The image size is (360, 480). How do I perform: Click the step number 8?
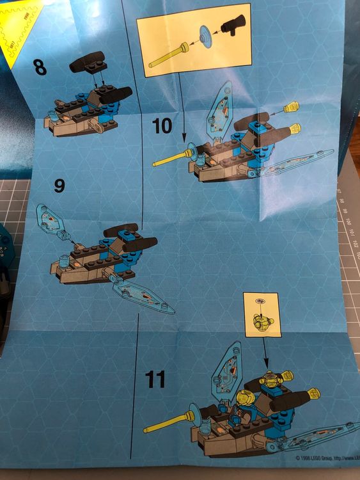[40, 67]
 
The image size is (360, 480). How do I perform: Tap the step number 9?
[59, 186]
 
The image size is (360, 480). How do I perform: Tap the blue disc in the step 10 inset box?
[205, 37]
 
